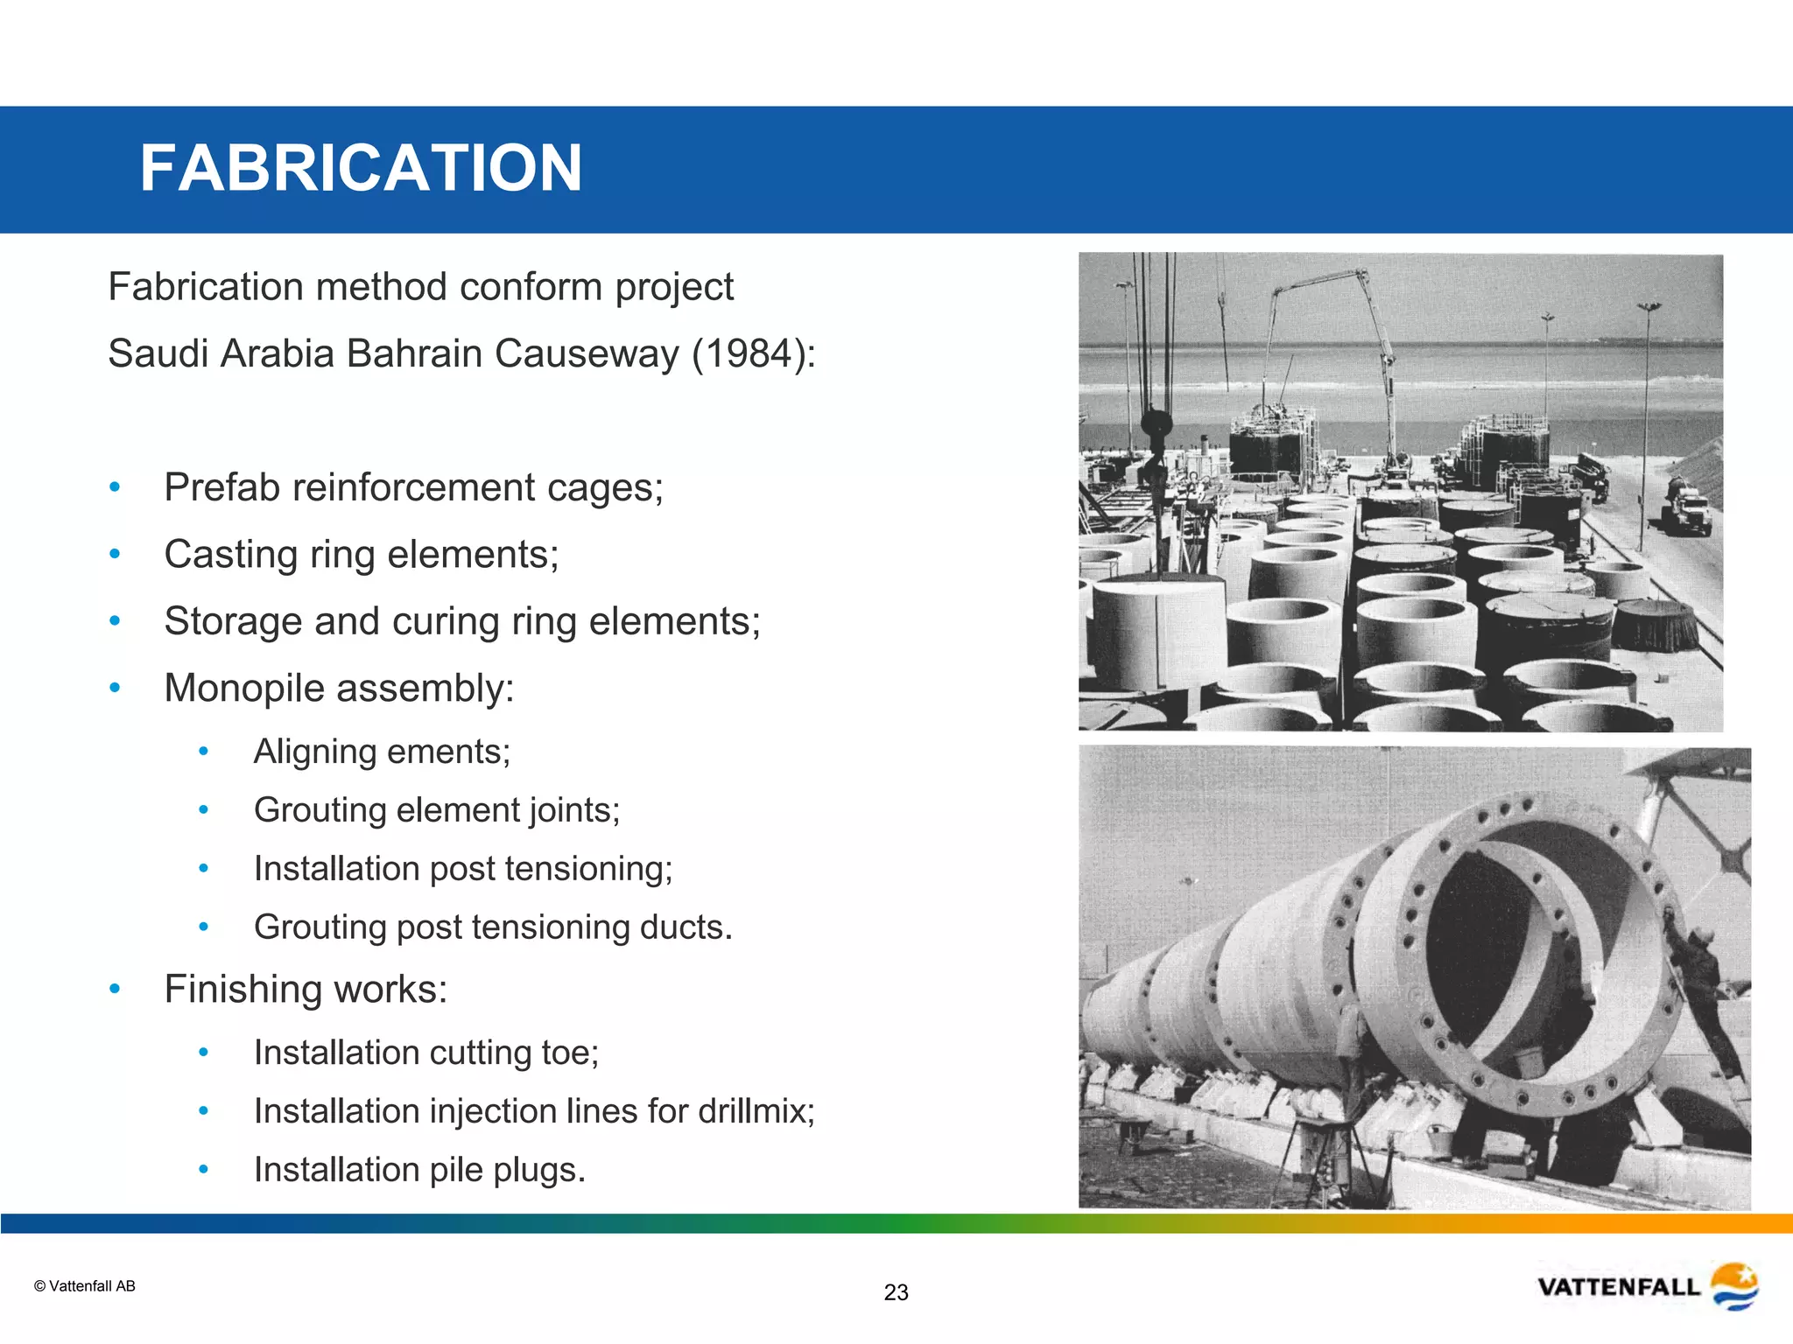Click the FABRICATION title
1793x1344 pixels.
click(x=361, y=168)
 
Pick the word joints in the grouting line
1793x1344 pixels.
click(x=575, y=811)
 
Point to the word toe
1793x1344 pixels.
click(x=570, y=1053)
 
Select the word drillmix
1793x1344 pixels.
click(x=756, y=1111)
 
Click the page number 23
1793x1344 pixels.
click(x=896, y=1292)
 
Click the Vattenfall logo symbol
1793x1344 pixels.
click(x=1733, y=1285)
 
